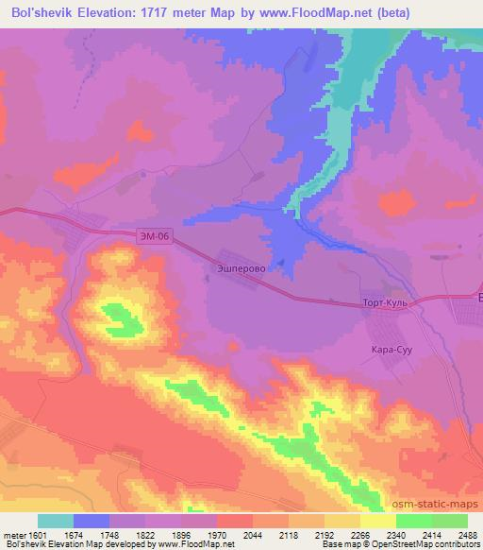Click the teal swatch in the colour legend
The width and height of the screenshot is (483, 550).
click(56, 521)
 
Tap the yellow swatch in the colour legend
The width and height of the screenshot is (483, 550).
click(378, 521)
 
